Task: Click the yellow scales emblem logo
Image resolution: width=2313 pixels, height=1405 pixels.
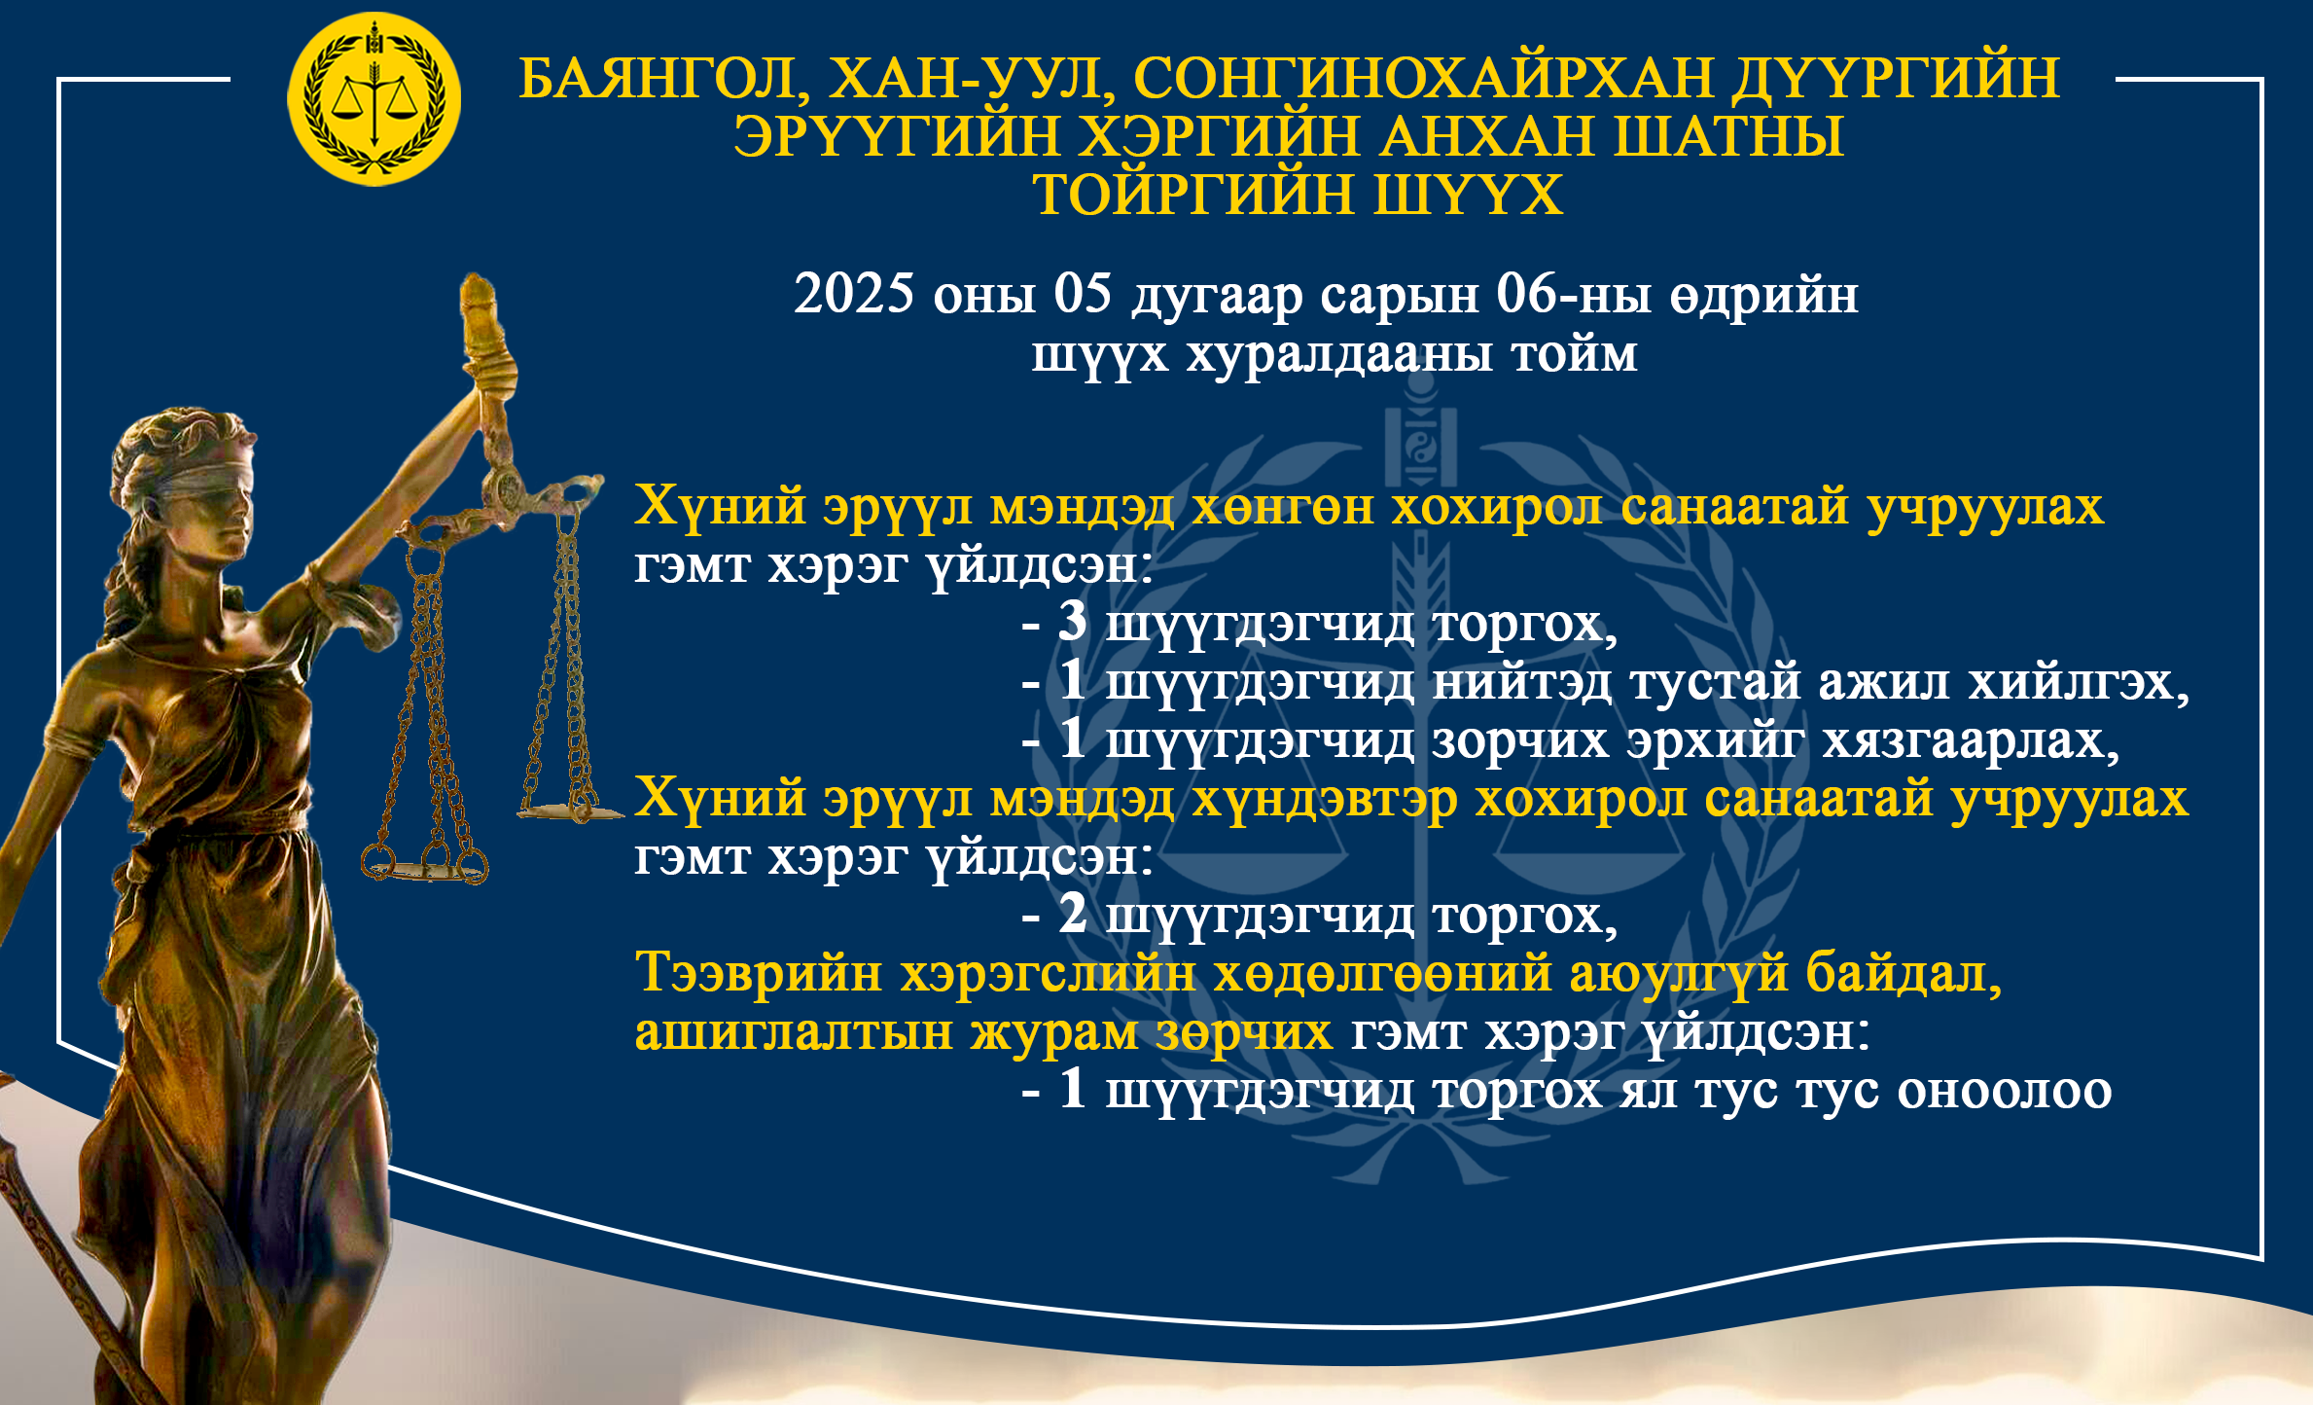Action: pyautogui.click(x=374, y=99)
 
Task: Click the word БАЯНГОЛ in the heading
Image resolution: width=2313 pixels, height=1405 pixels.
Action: pyautogui.click(x=658, y=79)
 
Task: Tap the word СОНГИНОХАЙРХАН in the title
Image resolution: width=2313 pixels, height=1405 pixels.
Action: pyautogui.click(x=1423, y=78)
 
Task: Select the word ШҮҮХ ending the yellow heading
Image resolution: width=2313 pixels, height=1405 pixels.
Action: pyautogui.click(x=1468, y=195)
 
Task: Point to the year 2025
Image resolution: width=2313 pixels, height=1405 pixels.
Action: pyautogui.click(x=854, y=293)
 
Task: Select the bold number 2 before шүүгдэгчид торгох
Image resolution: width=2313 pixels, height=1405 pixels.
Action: pyautogui.click(x=1072, y=914)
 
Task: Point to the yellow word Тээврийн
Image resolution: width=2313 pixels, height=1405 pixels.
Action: pyautogui.click(x=759, y=973)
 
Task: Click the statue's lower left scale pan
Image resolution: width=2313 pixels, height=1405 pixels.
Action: pyautogui.click(x=425, y=868)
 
